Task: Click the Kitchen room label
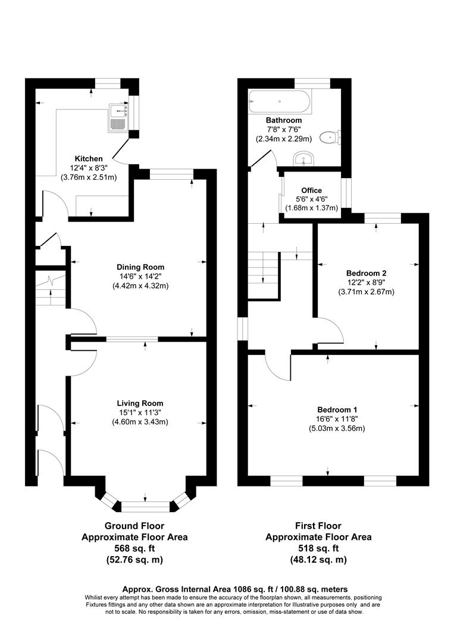coord(89,158)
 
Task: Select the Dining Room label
coord(140,267)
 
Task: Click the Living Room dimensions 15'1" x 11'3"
coord(140,413)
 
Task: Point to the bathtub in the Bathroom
coord(279,102)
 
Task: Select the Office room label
coord(311,191)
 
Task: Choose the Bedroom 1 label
coord(337,410)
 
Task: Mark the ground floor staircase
coord(51,289)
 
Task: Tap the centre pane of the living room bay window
coord(145,506)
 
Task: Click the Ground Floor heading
coord(134,526)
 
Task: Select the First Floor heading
coord(318,526)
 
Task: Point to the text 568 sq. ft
coord(134,548)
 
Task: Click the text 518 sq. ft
coord(318,548)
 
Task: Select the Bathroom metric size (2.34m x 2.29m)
coord(284,139)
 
